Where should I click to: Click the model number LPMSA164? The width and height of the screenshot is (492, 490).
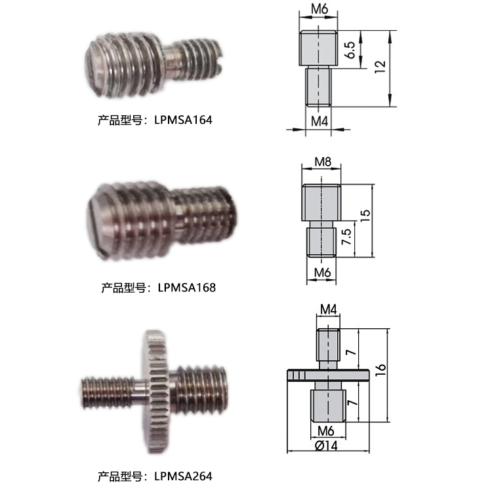click(x=183, y=120)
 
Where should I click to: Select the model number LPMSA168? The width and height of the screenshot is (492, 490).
click(x=187, y=288)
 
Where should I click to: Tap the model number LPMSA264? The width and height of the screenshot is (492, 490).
click(x=183, y=476)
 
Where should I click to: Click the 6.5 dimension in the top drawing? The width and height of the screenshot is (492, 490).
click(x=350, y=50)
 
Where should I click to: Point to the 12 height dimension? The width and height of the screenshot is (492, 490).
click(x=380, y=67)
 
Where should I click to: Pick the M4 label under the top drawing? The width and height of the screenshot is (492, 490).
click(x=319, y=121)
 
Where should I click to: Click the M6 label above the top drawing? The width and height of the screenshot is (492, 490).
click(x=319, y=9)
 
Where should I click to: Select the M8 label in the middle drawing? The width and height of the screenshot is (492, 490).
click(x=323, y=162)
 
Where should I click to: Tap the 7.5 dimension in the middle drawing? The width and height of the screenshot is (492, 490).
click(x=346, y=236)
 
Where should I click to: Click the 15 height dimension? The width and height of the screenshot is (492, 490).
click(x=365, y=216)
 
